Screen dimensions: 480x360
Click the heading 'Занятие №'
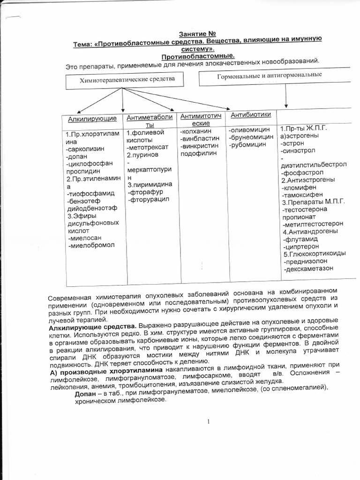pyautogui.click(x=197, y=34)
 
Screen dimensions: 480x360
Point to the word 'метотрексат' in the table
pyautogui.click(x=149, y=147)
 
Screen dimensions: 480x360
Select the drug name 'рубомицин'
pyautogui.click(x=248, y=145)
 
